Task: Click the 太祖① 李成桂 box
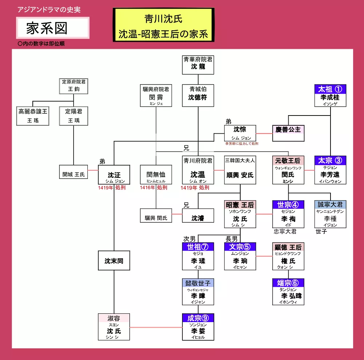tap(330, 95)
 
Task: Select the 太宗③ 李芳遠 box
tap(330, 170)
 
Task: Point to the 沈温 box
tap(198, 170)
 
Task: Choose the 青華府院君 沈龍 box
tap(198, 64)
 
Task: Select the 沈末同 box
tap(114, 261)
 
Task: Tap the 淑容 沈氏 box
tap(114, 327)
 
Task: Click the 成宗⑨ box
tap(198, 327)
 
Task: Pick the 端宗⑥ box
tap(288, 291)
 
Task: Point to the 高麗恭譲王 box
tap(33, 116)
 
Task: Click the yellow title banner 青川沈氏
tap(163, 24)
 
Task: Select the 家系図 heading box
tap(53, 28)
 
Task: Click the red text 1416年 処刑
tap(154, 188)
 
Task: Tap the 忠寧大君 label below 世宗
tap(285, 231)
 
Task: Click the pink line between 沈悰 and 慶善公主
tap(264, 133)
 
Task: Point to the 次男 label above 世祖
tap(189, 239)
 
